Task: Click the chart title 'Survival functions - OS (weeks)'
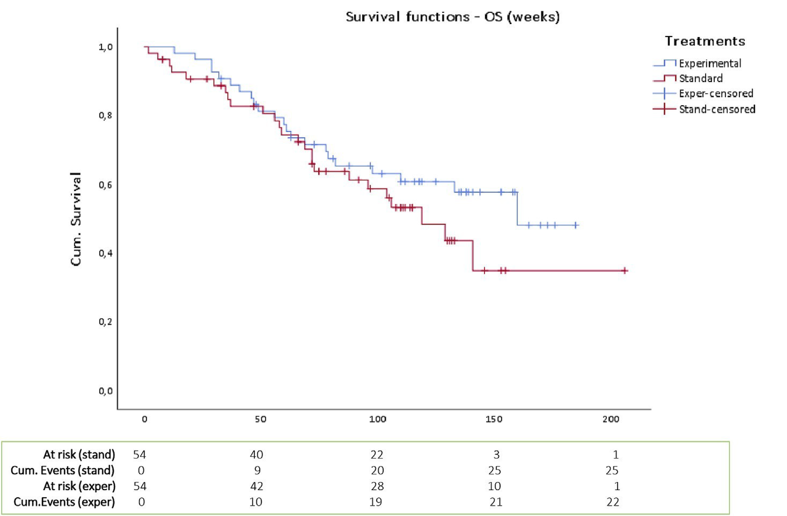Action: tap(452, 17)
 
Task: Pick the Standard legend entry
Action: tap(700, 78)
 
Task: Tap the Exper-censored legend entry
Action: tap(716, 94)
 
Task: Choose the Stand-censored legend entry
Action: tap(717, 109)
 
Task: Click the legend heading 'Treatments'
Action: tap(705, 41)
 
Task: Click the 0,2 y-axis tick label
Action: tap(105, 321)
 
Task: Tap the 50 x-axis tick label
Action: tap(261, 419)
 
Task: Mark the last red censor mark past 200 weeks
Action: tap(624, 270)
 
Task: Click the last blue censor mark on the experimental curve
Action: tap(576, 225)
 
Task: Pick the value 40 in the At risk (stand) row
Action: tap(257, 455)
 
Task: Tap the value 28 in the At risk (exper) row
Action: tap(377, 486)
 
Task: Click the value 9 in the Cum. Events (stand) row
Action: tap(257, 470)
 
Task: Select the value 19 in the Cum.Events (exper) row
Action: tap(376, 502)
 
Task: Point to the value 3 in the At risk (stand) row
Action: tap(496, 455)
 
